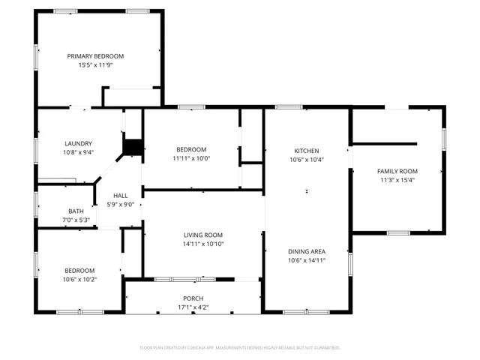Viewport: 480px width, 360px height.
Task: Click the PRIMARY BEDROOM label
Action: coord(95,56)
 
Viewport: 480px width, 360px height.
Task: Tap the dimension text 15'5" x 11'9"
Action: coord(95,65)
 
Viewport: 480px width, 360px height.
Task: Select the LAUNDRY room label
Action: coord(78,143)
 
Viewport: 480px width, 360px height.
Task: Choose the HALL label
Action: coord(120,196)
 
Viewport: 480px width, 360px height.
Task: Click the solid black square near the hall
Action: coord(133,148)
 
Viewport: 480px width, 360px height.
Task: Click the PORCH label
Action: coord(193,298)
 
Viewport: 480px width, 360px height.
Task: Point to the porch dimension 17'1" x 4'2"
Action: coord(193,307)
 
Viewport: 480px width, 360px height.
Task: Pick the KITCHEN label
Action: coord(306,150)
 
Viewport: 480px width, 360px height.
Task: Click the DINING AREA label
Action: coord(306,252)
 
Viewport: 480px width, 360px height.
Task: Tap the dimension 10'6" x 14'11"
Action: coord(306,261)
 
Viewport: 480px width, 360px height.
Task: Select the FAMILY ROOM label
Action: coord(397,171)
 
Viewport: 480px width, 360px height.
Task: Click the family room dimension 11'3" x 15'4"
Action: coord(397,180)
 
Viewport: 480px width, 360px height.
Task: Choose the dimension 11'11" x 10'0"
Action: coord(191,158)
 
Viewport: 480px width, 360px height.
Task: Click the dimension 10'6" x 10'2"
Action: coord(79,279)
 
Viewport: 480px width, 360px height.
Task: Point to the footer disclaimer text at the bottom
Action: coord(240,348)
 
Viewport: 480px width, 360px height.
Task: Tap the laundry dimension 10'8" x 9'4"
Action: coord(78,152)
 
